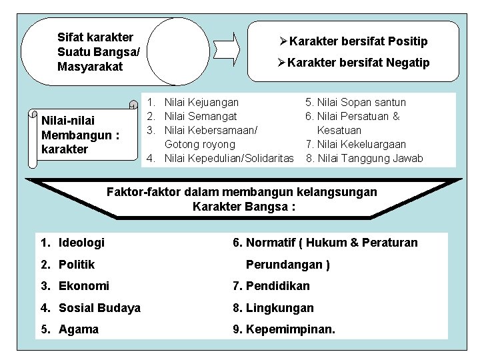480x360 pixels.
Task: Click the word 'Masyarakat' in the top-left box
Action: pos(90,66)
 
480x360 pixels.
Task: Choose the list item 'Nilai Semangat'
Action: pos(200,116)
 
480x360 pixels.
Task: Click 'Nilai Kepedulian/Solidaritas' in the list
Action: pos(229,157)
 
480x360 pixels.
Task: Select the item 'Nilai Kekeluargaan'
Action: pos(365,144)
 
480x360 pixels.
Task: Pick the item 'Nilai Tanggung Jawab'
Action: pos(369,158)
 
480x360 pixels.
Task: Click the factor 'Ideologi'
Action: pos(81,242)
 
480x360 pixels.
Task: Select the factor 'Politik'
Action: pos(77,264)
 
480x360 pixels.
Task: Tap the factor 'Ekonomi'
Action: pos(83,286)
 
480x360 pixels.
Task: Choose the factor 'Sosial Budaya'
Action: pos(99,307)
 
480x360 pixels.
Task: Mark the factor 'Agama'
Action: pos(78,329)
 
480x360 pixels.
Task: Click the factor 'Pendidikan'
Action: pos(277,286)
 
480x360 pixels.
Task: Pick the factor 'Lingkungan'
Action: pos(279,307)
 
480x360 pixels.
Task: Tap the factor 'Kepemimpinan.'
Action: pos(291,329)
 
